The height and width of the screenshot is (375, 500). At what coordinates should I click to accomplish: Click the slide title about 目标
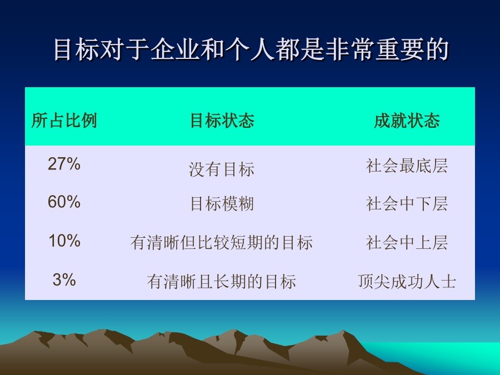(251, 49)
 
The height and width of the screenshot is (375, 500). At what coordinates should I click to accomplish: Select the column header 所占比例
(64, 121)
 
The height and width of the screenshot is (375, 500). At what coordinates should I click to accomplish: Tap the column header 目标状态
(222, 121)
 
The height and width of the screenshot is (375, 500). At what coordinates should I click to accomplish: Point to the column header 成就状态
(407, 121)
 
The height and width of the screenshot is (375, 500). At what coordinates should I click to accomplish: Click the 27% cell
(64, 164)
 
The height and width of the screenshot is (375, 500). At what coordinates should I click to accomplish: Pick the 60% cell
(64, 202)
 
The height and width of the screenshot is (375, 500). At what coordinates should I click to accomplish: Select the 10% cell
(64, 241)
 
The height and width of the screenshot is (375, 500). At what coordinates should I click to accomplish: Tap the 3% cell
(64, 279)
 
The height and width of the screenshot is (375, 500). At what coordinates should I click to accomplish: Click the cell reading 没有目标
(222, 169)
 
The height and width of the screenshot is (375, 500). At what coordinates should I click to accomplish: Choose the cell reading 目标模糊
(222, 204)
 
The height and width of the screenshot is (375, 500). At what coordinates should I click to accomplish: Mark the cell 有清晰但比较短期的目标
(222, 242)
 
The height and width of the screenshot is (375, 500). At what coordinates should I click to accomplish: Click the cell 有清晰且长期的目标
(222, 282)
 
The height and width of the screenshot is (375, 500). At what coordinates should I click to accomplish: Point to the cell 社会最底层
(407, 166)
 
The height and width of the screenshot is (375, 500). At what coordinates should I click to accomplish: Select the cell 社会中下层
(407, 204)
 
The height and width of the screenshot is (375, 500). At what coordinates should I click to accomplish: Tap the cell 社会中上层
(407, 242)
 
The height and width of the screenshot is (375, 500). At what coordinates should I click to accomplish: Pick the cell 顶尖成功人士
(407, 282)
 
